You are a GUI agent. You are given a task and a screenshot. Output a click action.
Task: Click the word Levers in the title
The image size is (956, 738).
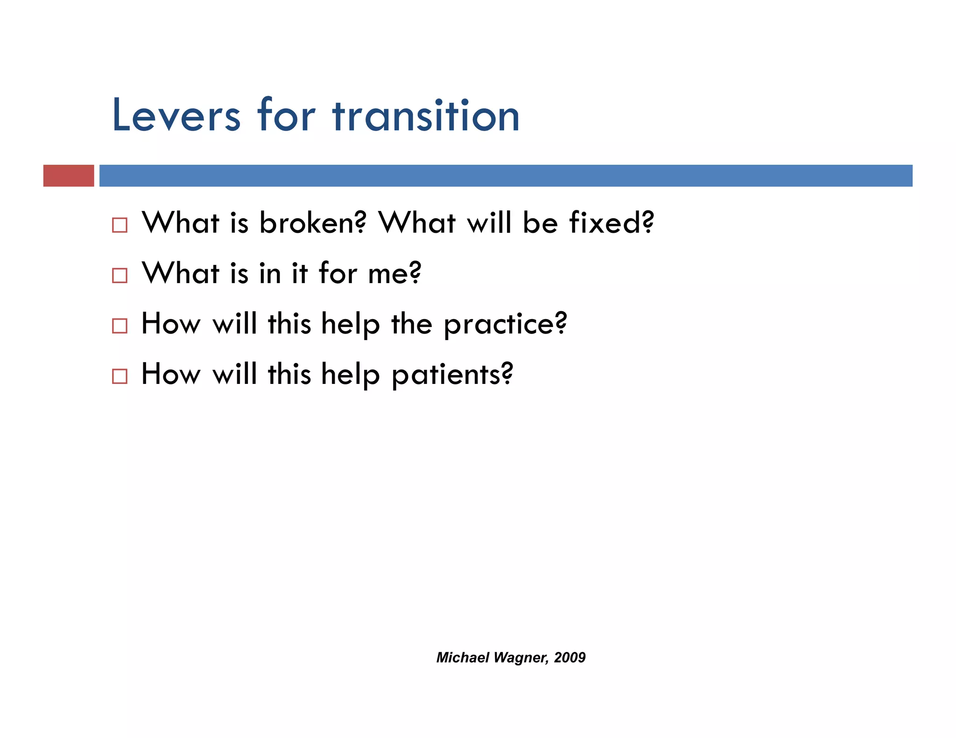pyautogui.click(x=176, y=116)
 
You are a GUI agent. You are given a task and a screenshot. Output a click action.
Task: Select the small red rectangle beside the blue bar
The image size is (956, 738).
pyautogui.click(x=69, y=176)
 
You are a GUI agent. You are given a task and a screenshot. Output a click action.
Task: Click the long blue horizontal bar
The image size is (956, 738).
pyautogui.click(x=506, y=176)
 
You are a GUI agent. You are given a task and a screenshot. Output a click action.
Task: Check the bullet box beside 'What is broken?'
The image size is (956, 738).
pyautogui.click(x=119, y=225)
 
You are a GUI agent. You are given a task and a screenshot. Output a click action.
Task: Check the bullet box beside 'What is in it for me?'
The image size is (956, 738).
pyautogui.click(x=119, y=276)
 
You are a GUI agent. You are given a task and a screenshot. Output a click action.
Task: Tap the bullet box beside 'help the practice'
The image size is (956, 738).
pyautogui.click(x=119, y=326)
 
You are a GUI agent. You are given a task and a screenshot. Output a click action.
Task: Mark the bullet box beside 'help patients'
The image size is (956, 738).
pyautogui.click(x=119, y=376)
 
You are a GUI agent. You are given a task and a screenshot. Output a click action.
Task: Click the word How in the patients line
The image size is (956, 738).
pyautogui.click(x=171, y=374)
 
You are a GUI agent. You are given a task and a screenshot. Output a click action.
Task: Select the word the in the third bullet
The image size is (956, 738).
pyautogui.click(x=412, y=324)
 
